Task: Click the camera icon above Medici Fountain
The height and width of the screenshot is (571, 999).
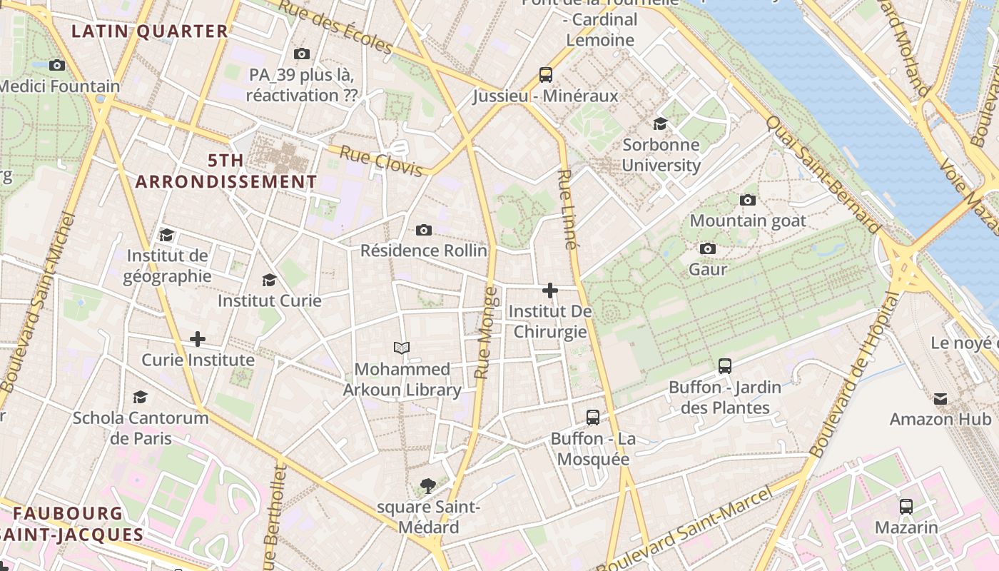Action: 57,65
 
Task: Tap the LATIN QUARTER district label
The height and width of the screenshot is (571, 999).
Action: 150,31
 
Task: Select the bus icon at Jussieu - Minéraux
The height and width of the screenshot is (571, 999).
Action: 546,74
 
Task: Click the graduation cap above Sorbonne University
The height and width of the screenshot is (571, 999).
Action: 660,123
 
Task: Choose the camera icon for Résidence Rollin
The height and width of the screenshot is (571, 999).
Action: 424,230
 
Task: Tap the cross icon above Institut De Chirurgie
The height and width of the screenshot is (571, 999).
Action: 550,290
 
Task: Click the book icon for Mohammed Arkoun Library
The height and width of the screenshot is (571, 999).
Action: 402,348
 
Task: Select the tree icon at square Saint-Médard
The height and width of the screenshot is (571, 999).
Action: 428,486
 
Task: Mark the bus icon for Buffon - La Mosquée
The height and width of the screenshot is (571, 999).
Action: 593,417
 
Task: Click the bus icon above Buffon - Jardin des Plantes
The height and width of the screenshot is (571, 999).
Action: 725,366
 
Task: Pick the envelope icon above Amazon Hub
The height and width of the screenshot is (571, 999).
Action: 940,398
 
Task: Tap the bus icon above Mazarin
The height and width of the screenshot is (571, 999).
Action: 906,507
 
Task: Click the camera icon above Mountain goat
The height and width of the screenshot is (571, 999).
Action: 748,200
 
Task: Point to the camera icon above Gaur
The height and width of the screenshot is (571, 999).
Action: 708,248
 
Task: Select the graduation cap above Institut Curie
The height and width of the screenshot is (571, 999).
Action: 269,280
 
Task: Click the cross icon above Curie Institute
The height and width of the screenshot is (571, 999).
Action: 198,339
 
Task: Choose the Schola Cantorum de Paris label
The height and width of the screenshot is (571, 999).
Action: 141,428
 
